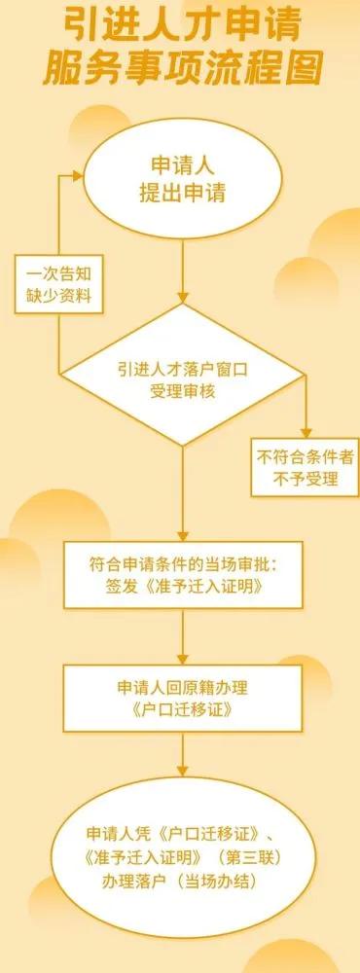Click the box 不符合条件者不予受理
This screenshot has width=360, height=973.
tap(305, 466)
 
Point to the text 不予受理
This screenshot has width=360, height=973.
tap(305, 478)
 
